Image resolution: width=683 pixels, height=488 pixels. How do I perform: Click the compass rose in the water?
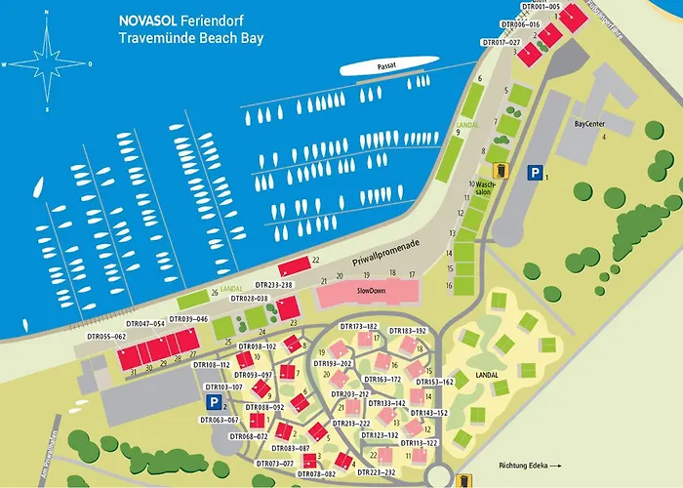pos(47,63)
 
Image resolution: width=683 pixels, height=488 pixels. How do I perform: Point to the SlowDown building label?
pos(372,291)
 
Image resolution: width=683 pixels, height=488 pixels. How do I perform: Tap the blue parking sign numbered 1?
pos(534,172)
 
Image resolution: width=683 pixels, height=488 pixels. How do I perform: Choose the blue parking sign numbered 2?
pos(212,402)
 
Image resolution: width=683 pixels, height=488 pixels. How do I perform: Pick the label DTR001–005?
pos(541,7)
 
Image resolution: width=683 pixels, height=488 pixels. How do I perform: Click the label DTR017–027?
pos(502,43)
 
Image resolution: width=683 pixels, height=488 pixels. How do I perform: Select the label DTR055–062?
pos(106,337)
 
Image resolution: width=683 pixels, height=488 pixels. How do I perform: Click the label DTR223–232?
pos(377,472)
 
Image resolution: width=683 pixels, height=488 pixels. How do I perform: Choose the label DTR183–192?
pos(408,331)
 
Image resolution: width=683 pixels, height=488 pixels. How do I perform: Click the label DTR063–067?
pos(219,421)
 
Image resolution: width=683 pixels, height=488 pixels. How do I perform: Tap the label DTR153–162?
pos(435,383)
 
